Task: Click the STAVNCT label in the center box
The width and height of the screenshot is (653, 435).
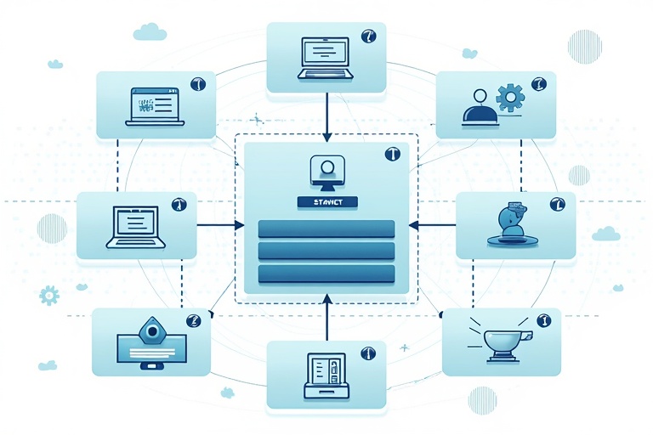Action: tap(327, 202)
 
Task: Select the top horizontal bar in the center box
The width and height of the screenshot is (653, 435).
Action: tap(326, 229)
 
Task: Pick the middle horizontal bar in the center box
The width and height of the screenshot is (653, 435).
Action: tap(326, 251)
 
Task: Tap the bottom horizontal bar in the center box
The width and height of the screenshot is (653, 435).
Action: tap(326, 274)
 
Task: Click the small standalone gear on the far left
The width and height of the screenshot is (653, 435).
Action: tap(49, 296)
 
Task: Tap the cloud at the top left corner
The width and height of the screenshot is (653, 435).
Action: tap(150, 32)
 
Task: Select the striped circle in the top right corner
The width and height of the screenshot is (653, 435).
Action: tap(585, 46)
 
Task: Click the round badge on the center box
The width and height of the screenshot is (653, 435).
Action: tap(392, 155)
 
